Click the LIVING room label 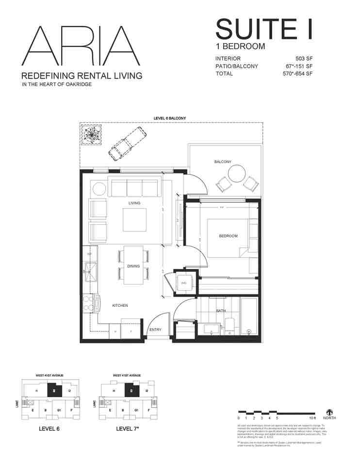point(134,203)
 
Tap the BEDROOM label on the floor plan point(228,236)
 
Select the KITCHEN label point(120,305)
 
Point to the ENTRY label point(155,330)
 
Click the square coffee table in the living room point(135,220)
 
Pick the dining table point(133,265)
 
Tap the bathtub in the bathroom point(249,317)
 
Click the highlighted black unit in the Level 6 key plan point(52,390)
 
